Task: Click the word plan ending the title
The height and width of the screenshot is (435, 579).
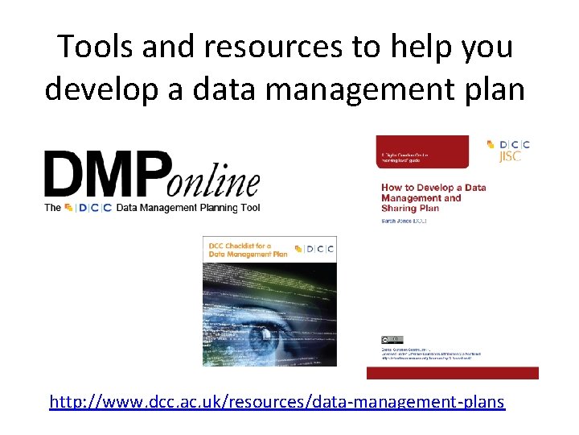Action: (x=492, y=88)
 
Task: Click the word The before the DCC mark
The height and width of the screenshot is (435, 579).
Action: (x=52, y=207)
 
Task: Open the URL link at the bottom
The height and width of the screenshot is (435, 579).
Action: (x=277, y=400)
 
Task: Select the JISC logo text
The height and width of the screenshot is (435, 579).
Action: (x=510, y=156)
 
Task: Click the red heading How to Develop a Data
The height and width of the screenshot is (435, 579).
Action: (x=433, y=188)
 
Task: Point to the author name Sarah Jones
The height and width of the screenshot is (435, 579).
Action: (x=407, y=218)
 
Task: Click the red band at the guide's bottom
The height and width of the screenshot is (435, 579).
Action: (x=452, y=372)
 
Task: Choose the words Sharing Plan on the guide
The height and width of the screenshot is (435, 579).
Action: (x=410, y=207)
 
